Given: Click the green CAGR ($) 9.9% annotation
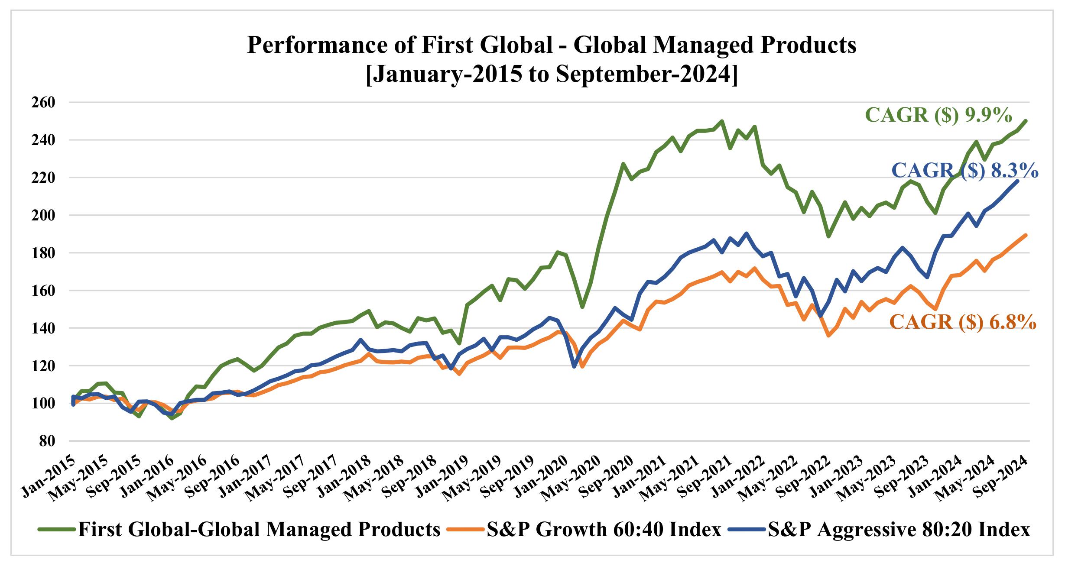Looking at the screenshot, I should (938, 115).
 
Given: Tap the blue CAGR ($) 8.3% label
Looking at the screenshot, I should (965, 171).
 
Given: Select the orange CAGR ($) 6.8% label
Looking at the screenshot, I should (963, 322).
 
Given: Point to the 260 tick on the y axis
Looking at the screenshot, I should (43, 103).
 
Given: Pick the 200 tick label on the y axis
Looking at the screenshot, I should (43, 215).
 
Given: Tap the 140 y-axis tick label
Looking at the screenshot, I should (43, 328).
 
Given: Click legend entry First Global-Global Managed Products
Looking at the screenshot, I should (259, 529).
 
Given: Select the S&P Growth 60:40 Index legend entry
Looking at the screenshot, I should (604, 529).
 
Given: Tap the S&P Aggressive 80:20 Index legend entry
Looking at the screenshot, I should (899, 529).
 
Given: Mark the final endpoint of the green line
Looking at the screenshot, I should (1026, 121).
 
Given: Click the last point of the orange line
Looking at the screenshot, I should (1026, 235).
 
